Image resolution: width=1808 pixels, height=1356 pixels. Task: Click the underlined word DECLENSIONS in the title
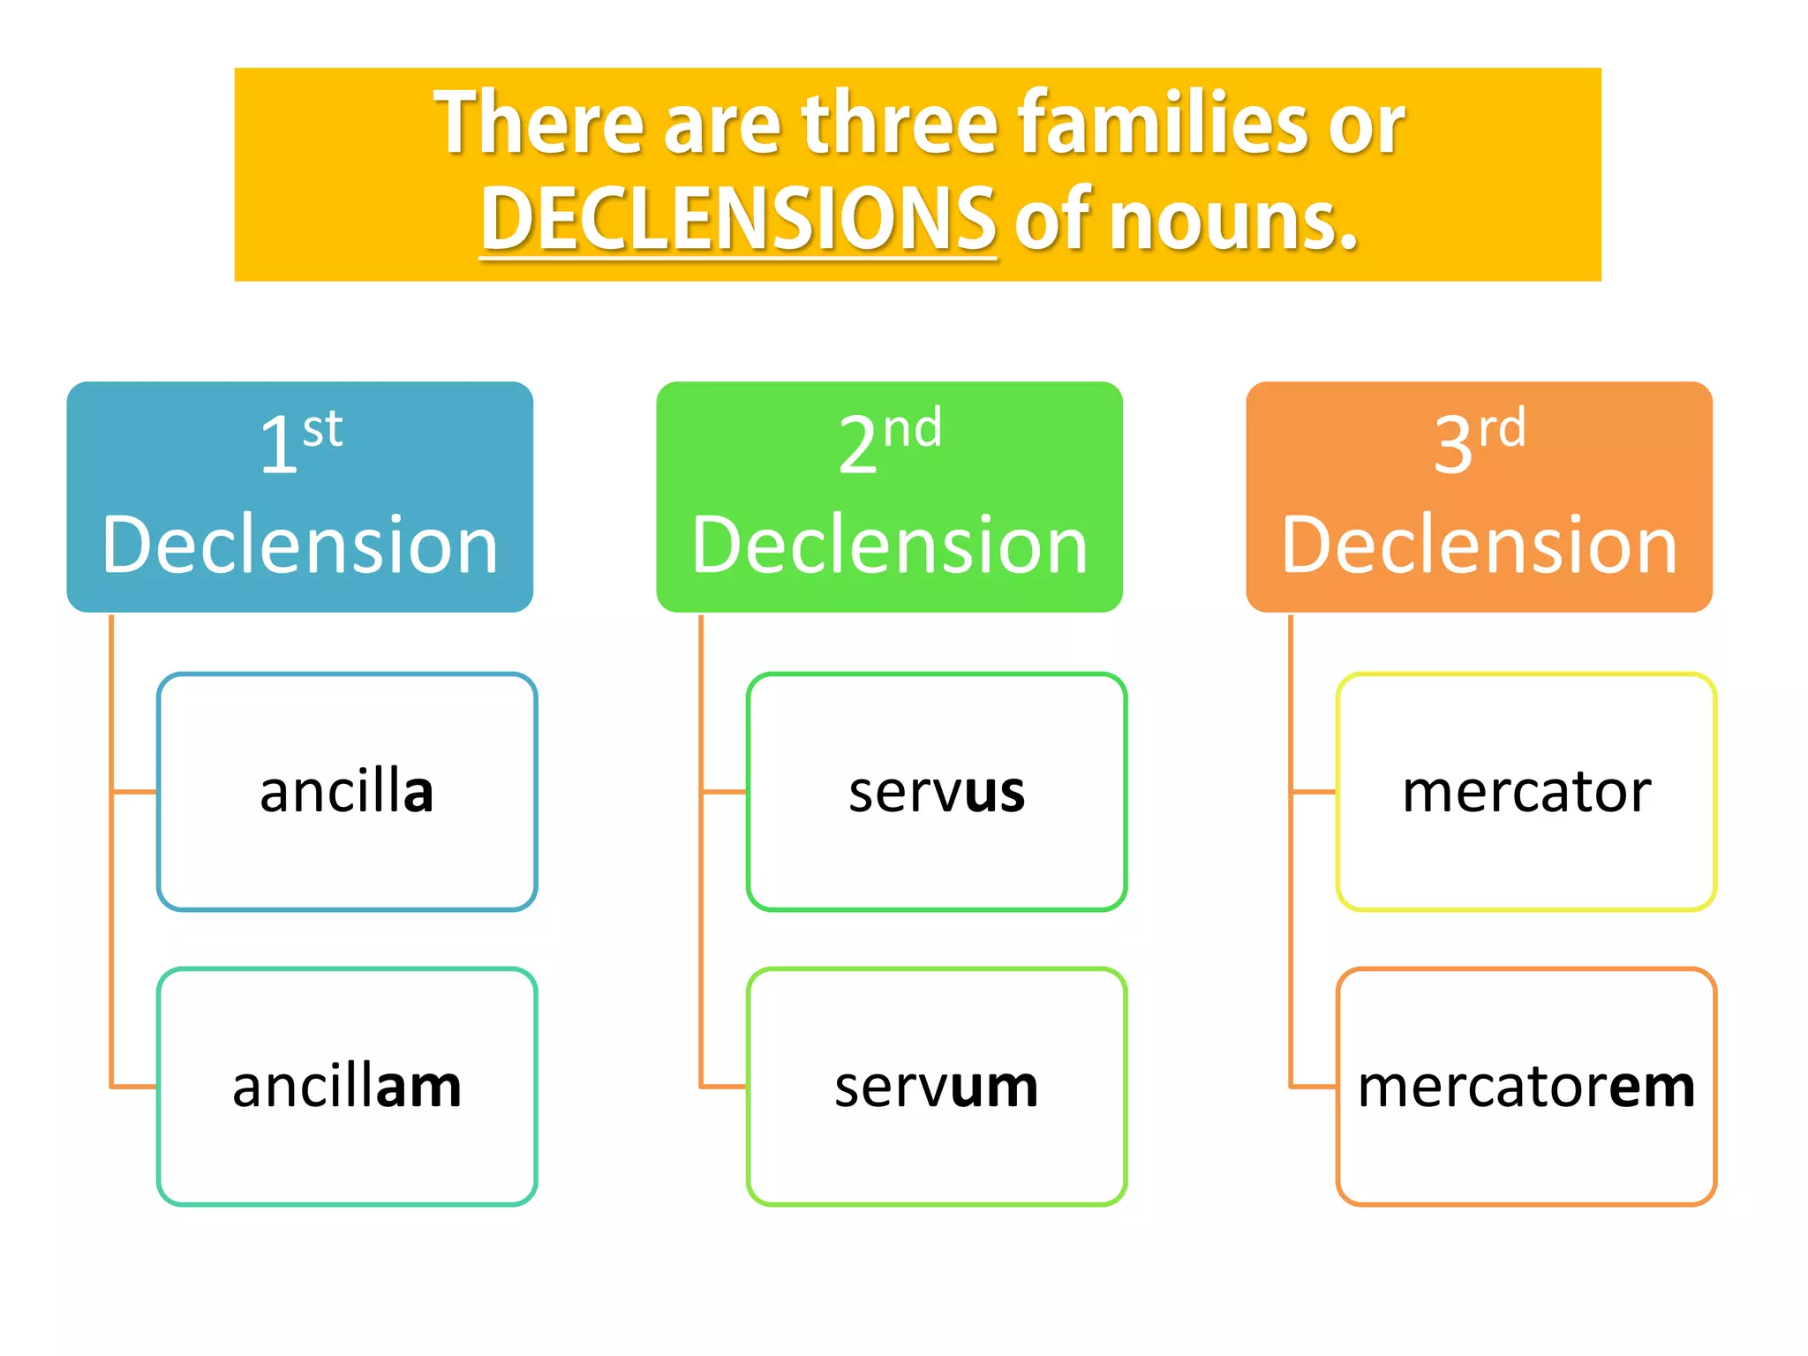tap(738, 219)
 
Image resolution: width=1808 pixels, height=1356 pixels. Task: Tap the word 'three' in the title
tap(900, 124)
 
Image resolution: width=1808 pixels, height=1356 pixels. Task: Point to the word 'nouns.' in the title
tap(1232, 221)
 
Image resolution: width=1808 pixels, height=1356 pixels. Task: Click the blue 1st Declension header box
tap(299, 496)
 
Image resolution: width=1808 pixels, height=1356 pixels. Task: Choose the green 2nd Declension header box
tap(889, 496)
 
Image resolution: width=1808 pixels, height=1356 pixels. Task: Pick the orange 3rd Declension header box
tap(1479, 496)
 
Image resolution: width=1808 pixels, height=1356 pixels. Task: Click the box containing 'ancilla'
tap(347, 791)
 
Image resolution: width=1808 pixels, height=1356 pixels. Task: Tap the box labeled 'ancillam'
tap(347, 1086)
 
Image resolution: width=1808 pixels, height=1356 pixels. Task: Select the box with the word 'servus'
tap(937, 791)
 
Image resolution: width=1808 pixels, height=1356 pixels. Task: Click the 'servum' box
tap(937, 1086)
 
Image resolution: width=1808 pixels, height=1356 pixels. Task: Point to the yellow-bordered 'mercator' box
tap(1526, 791)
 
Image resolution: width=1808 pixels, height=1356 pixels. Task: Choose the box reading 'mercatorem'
tap(1526, 1086)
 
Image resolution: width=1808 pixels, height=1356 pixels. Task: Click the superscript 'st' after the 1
tap(322, 430)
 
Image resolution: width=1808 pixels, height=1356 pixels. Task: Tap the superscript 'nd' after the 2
tap(913, 429)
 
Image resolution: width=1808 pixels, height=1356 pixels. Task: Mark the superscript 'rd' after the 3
tap(1502, 429)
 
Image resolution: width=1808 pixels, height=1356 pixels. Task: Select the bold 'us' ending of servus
tap(995, 792)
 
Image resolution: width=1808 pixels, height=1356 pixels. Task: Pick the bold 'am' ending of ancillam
tap(418, 1087)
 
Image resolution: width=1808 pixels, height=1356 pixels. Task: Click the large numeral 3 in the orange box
tap(1454, 445)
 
